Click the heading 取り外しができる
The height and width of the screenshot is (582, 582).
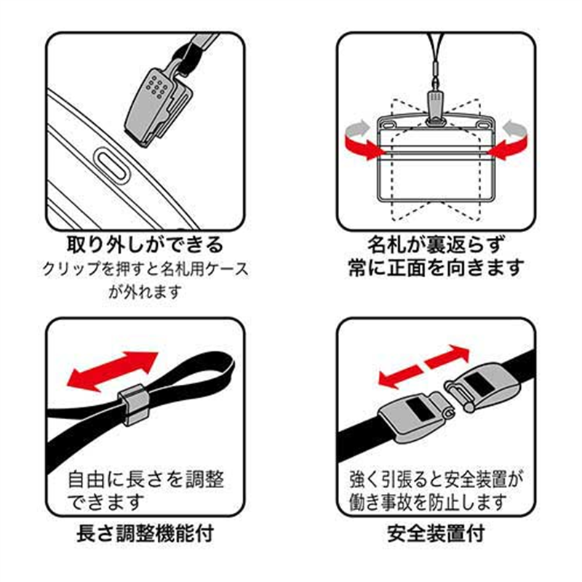pos(145,243)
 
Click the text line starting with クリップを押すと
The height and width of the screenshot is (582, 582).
pos(145,268)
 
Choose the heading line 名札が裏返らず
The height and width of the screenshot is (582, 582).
pos(435,243)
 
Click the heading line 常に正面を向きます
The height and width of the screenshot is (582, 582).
pos(435,268)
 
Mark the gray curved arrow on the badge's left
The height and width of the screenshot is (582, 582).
pos(356,129)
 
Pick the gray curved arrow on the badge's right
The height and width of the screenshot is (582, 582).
pos(515,129)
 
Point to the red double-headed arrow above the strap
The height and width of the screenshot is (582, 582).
pos(112,370)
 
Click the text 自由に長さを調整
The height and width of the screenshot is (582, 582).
pos(145,479)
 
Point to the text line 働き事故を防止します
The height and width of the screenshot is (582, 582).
pos(435,501)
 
